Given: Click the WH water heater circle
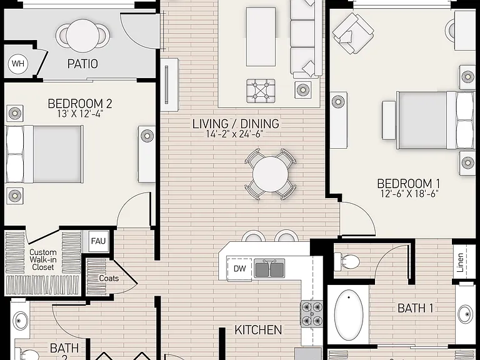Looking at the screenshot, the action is click(x=17, y=64).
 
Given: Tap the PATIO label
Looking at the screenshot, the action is click(x=82, y=64).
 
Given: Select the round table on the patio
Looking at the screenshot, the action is click(x=82, y=36).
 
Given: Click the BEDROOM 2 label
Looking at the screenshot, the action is click(x=80, y=104).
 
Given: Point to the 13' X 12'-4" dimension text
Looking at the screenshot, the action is click(x=80, y=114).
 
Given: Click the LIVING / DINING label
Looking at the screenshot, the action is click(x=236, y=124).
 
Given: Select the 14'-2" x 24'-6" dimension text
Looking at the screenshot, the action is click(x=235, y=134).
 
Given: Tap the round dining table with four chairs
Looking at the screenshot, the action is click(x=270, y=174).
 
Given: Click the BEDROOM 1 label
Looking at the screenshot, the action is click(x=408, y=184).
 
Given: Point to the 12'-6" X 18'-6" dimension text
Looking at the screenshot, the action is click(x=410, y=194).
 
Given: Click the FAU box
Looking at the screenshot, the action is click(x=98, y=241).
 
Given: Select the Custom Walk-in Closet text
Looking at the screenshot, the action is click(x=43, y=260).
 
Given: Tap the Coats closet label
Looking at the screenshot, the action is click(x=109, y=278).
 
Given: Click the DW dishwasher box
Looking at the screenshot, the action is click(x=240, y=269).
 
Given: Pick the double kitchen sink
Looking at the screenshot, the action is click(x=269, y=268).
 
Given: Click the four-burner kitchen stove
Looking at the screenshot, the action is click(x=311, y=313).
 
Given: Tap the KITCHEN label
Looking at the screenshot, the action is click(x=258, y=330).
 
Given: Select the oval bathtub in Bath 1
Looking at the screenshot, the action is click(x=349, y=315).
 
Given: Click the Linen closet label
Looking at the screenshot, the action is click(x=460, y=262).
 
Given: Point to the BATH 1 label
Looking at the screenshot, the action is click(x=416, y=308).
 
